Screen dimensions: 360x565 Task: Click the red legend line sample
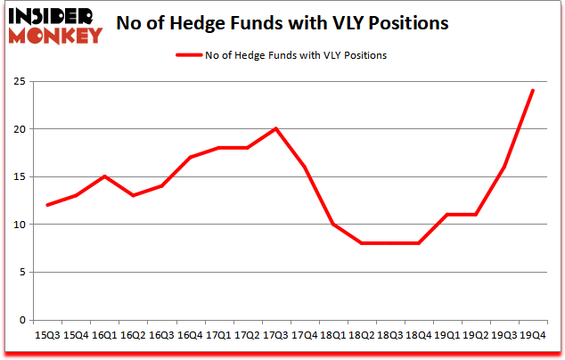[191, 55]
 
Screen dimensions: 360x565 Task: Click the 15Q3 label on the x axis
[47, 335]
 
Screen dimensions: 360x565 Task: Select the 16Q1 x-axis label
[104, 335]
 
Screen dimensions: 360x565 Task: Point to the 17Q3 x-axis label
[275, 335]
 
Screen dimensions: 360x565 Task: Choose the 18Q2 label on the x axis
[361, 335]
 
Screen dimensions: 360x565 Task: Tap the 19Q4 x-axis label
[533, 335]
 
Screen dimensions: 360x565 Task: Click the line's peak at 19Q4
[533, 90]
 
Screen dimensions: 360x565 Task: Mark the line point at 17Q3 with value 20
[275, 128]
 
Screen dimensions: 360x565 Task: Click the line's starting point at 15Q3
[47, 205]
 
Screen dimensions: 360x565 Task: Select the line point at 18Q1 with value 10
[332, 224]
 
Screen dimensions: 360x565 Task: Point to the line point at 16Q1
[104, 176]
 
